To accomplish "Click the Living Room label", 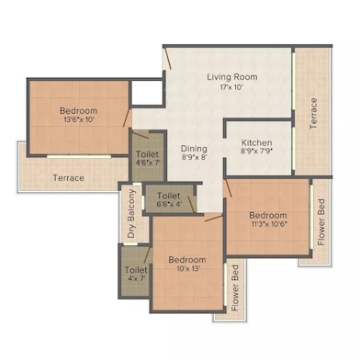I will click(231, 77).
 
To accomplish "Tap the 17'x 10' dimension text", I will click(231, 89).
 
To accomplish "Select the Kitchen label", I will click(256, 143).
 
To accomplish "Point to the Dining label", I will click(193, 148).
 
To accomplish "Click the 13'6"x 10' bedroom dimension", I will click(78, 118).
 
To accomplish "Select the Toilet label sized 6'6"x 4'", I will click(168, 196).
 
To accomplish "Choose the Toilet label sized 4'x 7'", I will click(135, 271).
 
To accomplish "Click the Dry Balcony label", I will click(132, 214).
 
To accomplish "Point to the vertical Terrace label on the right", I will click(313, 113).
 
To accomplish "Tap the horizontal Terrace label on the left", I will click(69, 177).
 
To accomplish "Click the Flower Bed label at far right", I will click(322, 223).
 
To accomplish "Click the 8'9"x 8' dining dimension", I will click(193, 159).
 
